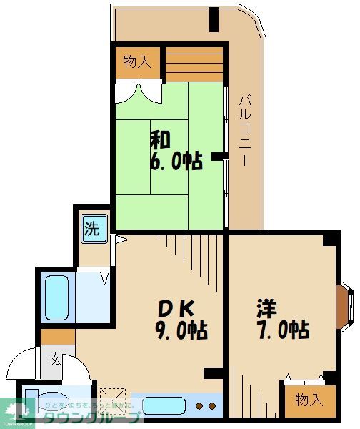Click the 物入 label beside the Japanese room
pos(136,61)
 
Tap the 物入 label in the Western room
pos(309,400)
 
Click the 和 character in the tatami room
pos(160,139)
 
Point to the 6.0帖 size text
pos(176,161)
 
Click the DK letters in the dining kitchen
pos(176,308)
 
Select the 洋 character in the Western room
pos(267,308)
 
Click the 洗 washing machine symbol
pos(93,230)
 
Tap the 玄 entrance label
pos(56,358)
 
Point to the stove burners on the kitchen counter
pos(206,405)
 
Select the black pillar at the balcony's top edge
pos(214,20)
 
